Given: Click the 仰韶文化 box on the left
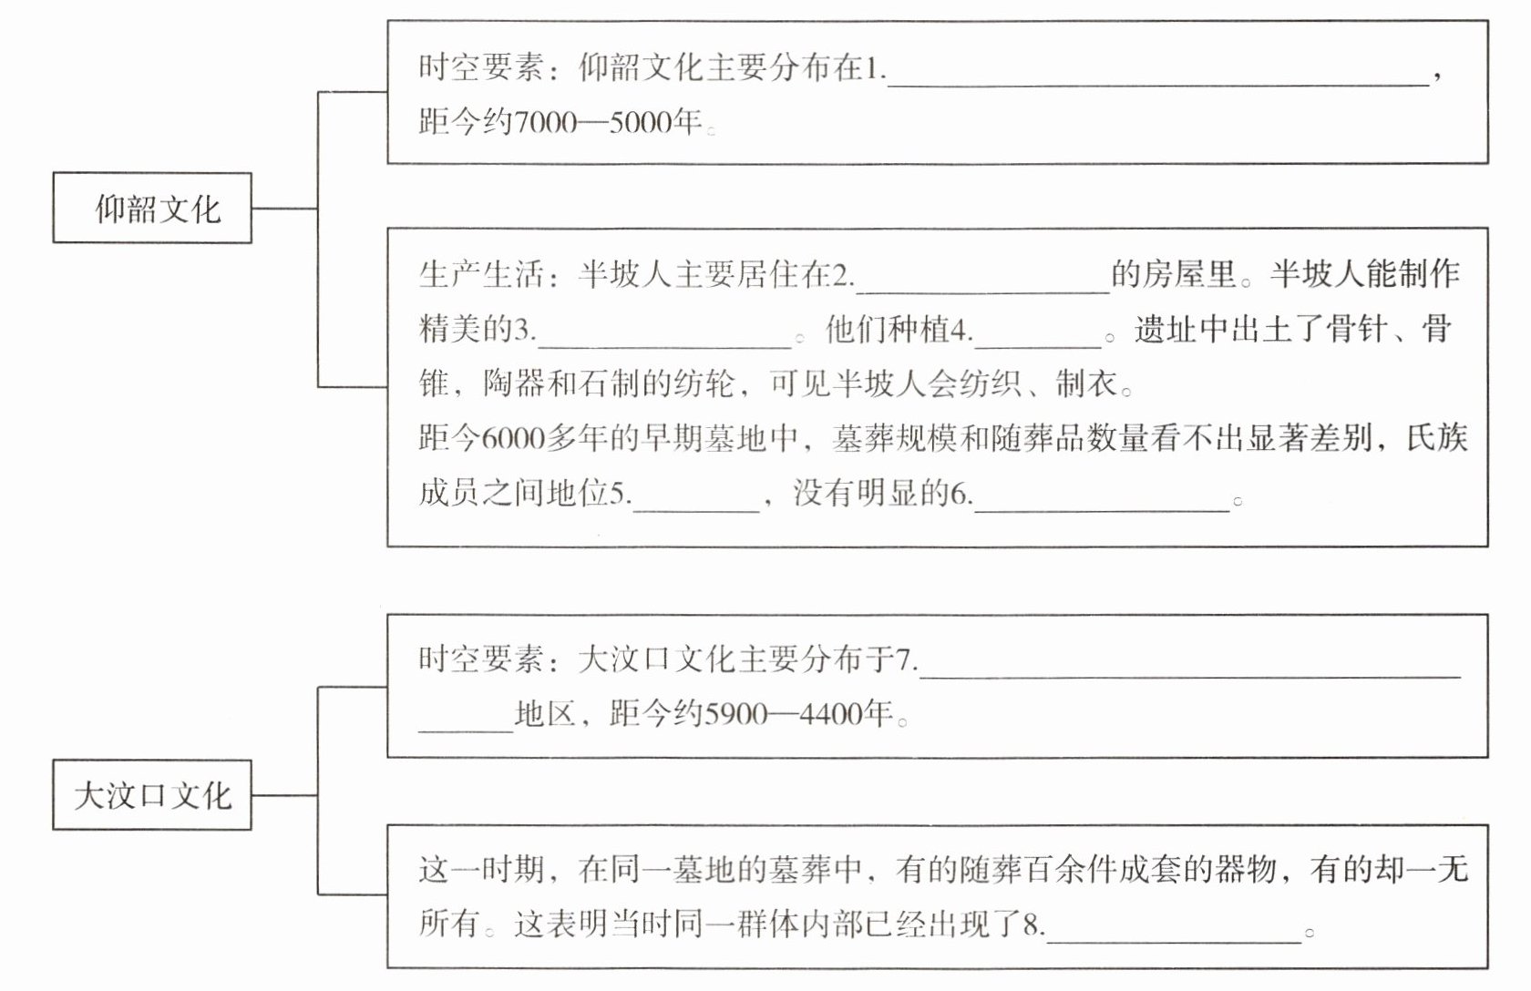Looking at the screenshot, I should tap(152, 209).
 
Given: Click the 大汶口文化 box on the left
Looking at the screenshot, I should tap(152, 795).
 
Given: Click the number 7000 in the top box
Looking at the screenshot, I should tap(546, 122).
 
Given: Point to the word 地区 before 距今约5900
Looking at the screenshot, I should tap(545, 714).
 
